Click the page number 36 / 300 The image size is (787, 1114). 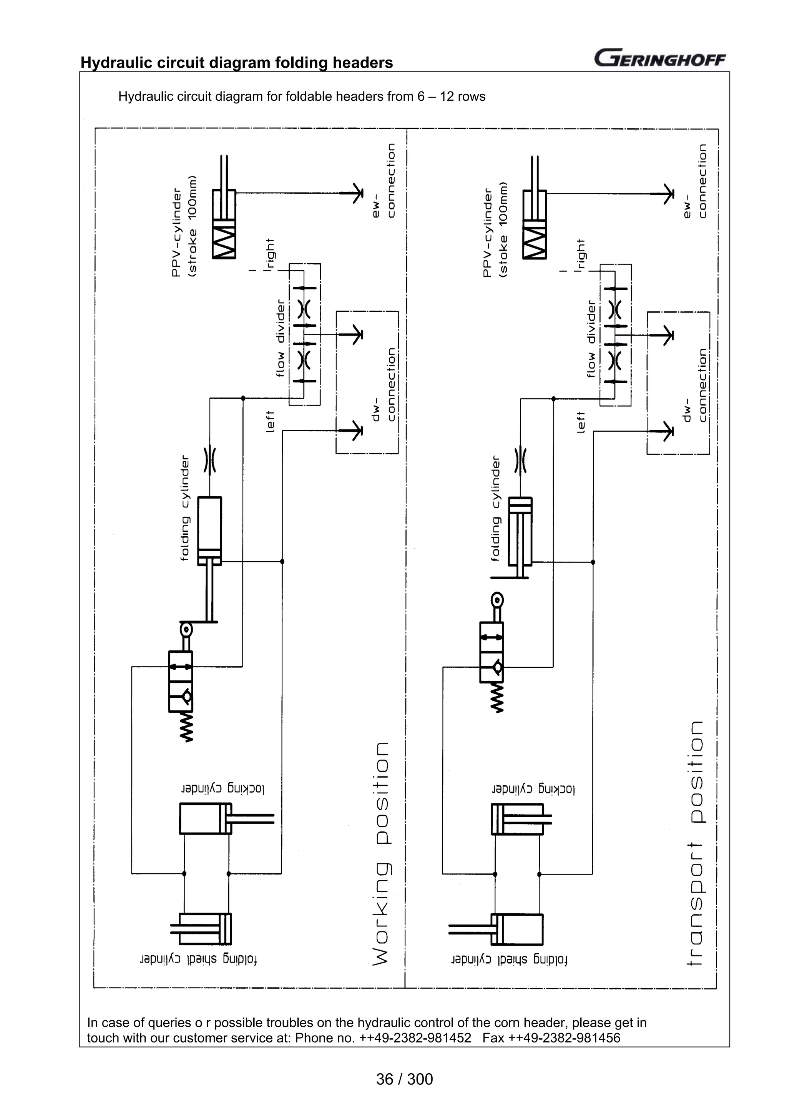[x=404, y=1079]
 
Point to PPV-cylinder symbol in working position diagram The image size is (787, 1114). [x=224, y=224]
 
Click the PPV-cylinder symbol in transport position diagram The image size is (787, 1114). [x=535, y=224]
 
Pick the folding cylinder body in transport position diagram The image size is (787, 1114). [x=520, y=531]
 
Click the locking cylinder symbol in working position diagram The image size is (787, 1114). [x=206, y=819]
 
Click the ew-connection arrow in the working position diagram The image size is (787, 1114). [x=357, y=194]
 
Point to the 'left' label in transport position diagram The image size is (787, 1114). [x=580, y=422]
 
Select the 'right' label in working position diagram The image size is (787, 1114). [x=270, y=253]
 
